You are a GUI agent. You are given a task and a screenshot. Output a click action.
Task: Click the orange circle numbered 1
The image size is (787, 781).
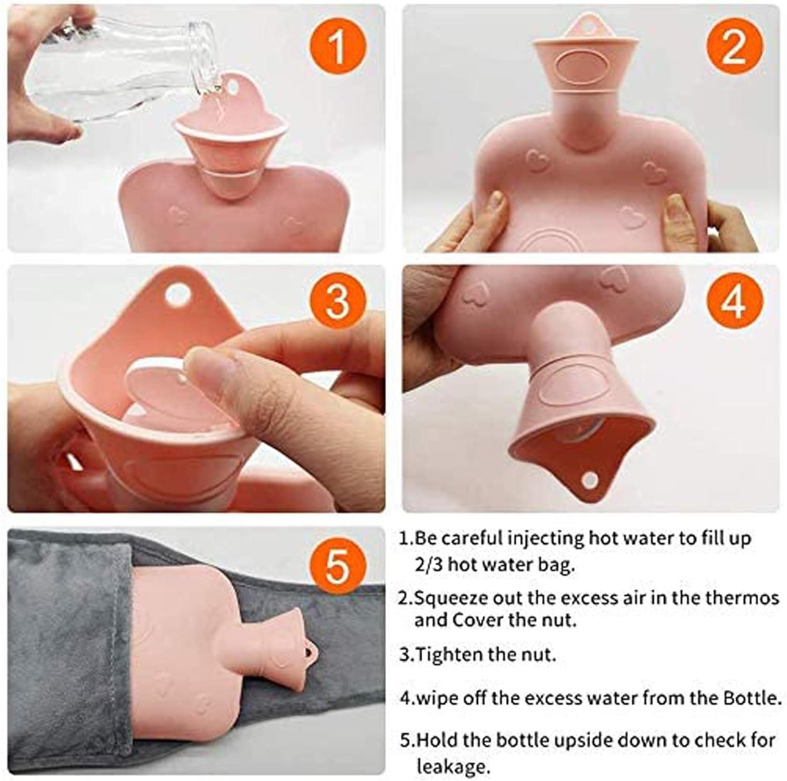336,46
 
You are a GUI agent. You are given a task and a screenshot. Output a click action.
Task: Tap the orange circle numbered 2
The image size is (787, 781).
732,46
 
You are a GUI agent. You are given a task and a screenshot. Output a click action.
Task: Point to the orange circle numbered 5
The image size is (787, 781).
336,566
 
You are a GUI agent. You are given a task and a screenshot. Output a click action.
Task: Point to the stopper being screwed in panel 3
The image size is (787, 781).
157,388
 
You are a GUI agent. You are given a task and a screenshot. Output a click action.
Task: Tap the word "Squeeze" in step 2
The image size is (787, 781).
451,598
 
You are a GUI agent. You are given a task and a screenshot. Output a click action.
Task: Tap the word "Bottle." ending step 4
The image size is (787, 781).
753,698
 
